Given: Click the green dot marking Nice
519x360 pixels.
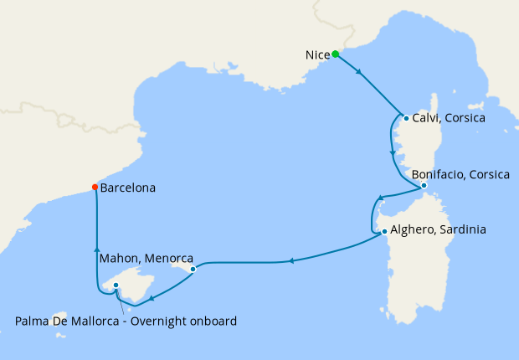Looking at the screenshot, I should [335, 54].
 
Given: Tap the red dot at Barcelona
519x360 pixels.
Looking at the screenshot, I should [95, 188].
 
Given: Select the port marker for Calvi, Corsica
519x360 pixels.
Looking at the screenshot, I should [406, 118].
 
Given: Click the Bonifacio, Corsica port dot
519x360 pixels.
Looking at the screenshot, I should [424, 185].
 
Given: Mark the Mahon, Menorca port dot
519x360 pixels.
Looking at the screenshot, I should [193, 270].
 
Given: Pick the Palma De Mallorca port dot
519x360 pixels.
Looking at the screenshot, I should [116, 285].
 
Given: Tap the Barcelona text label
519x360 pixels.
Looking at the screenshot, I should [127, 188].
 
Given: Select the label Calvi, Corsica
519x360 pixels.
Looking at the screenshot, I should [450, 119].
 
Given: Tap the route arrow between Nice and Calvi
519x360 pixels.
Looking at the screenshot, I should [359, 72].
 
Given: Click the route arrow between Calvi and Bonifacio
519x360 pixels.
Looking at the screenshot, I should [392, 153].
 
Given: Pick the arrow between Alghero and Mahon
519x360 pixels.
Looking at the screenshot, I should [290, 261].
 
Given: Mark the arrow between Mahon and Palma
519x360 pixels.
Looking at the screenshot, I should [151, 296].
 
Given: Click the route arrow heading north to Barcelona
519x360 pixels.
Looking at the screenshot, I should [96, 249].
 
